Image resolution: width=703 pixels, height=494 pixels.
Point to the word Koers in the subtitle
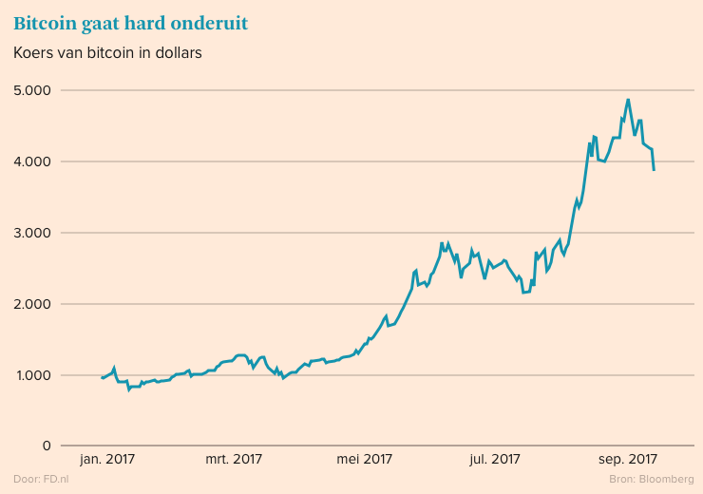34,53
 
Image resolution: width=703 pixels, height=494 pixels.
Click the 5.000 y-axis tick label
33,91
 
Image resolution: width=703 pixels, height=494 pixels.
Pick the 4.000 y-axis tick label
33,162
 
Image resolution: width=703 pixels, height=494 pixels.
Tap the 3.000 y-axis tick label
33,234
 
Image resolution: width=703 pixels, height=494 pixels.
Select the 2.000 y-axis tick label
33,305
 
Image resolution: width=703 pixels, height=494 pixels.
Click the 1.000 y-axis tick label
33,376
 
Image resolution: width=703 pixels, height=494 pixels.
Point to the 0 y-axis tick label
46,446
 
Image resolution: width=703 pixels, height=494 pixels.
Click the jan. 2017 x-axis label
107,460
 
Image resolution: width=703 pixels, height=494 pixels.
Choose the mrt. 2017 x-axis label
235,460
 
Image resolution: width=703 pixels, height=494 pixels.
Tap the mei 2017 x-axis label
365,460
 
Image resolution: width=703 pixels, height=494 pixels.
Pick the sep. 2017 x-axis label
627,460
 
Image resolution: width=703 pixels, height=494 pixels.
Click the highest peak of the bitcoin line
628,99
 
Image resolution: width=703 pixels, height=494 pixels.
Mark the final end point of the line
654,170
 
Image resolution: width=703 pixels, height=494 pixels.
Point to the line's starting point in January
102,378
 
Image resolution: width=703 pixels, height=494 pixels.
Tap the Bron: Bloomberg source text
651,479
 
